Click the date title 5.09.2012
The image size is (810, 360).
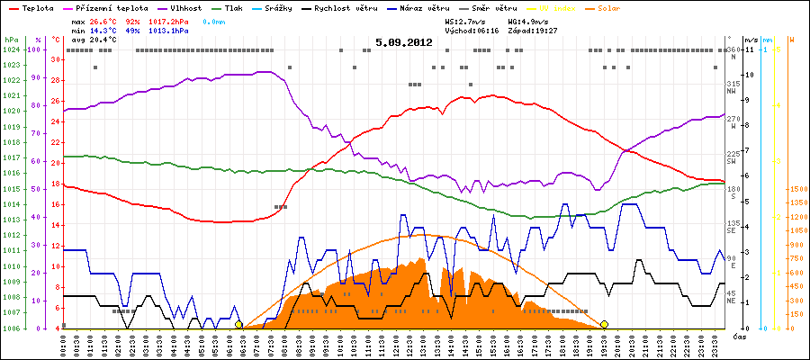[404, 42]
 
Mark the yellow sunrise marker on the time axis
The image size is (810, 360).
[238, 324]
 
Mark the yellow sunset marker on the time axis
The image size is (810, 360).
[605, 324]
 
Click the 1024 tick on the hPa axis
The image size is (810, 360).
[11, 49]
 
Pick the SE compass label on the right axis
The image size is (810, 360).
[733, 229]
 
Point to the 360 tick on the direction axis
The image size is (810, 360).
[733, 49]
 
